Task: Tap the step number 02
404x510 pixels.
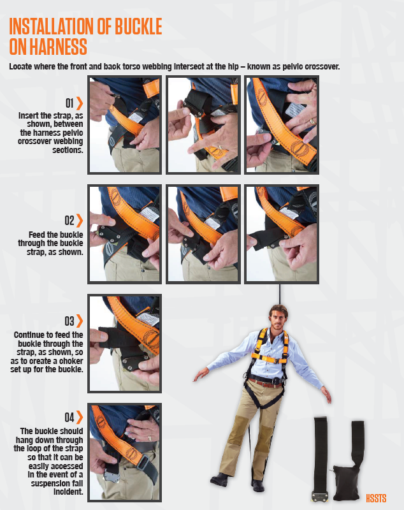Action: pos(69,221)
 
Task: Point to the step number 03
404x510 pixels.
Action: pos(69,321)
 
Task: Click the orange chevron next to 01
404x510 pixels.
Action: pos(80,103)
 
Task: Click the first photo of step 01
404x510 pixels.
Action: pos(124,125)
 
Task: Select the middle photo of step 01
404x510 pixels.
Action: pos(203,125)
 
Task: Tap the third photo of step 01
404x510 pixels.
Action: pos(281,125)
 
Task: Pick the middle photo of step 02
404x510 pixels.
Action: pos(203,234)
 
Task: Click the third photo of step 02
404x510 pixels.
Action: pos(281,234)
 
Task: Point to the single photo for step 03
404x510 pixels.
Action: pos(124,344)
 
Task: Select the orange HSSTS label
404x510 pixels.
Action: pos(376,498)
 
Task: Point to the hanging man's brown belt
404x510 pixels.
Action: pos(264,382)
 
